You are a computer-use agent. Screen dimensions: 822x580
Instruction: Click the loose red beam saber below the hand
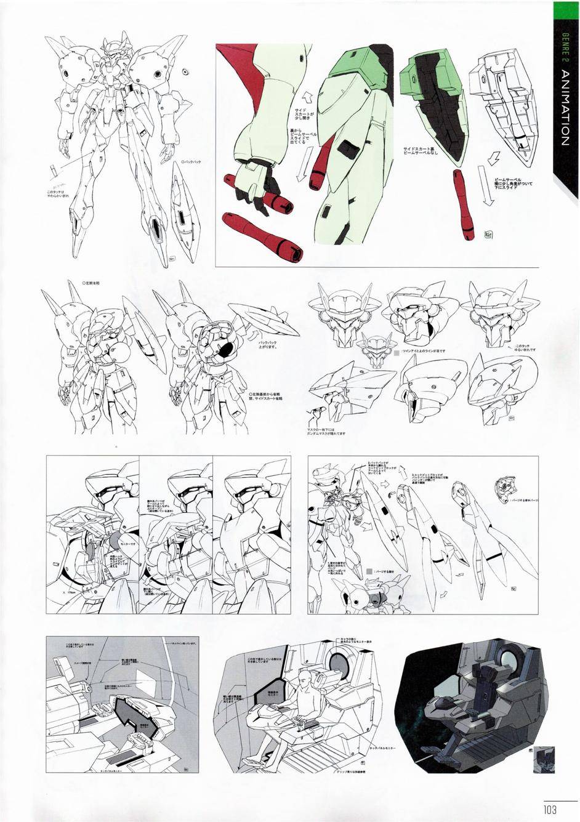(264, 235)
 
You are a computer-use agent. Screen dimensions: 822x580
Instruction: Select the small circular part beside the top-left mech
(185, 73)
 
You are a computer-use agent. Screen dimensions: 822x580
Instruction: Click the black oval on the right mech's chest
(226, 349)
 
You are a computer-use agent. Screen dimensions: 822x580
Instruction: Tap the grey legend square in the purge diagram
(368, 571)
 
